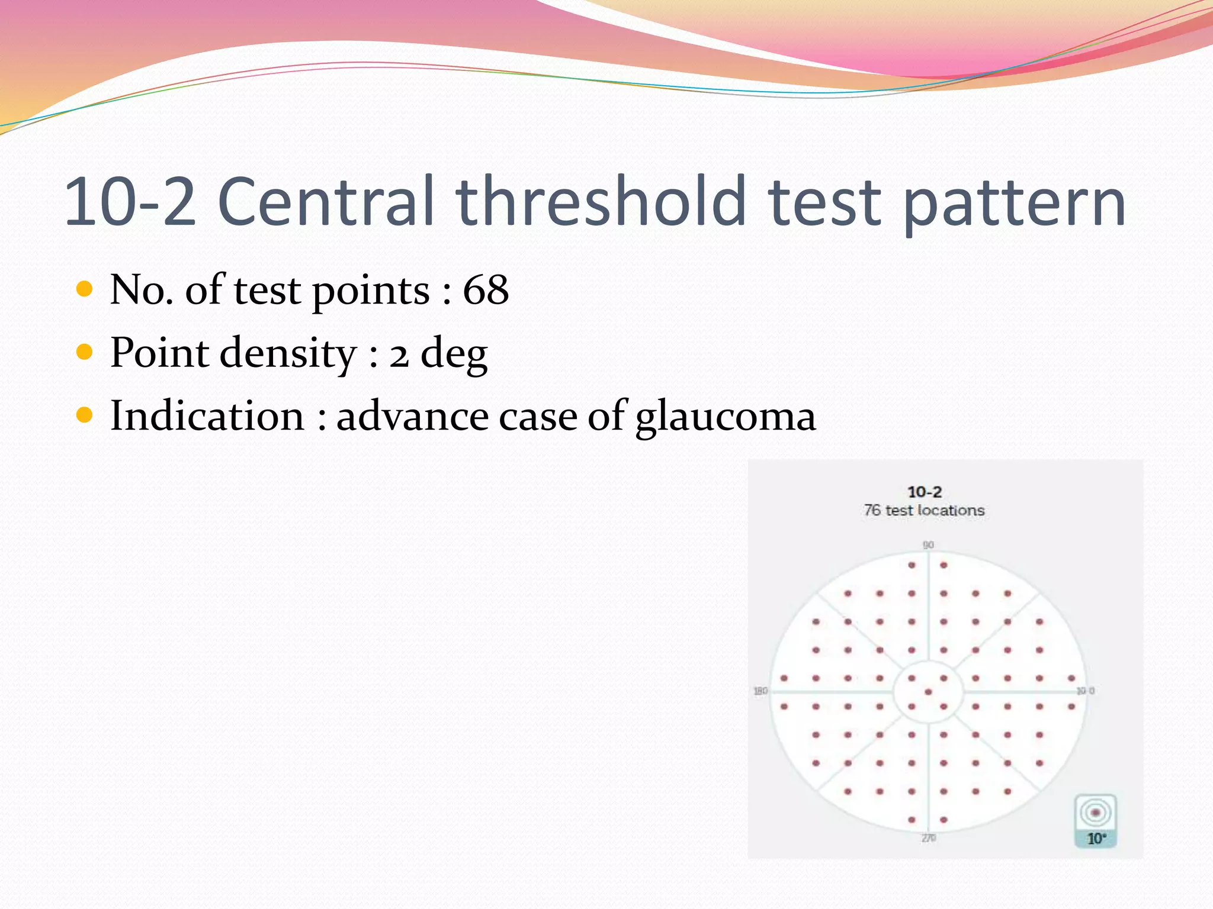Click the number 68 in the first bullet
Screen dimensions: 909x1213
pyautogui.click(x=486, y=290)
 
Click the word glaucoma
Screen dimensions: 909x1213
pyautogui.click(x=725, y=417)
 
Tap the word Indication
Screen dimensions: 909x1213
pyautogui.click(x=207, y=415)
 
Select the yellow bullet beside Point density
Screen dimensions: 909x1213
pyautogui.click(x=85, y=352)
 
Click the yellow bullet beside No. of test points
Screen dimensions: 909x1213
pyautogui.click(x=85, y=289)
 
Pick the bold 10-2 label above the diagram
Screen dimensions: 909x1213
pyautogui.click(x=924, y=492)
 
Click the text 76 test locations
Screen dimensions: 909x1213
pyautogui.click(x=924, y=510)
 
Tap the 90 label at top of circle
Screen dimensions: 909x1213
pyautogui.click(x=928, y=544)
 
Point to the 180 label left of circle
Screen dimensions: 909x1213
pyautogui.click(x=760, y=691)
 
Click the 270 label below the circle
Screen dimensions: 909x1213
pyautogui.click(x=928, y=838)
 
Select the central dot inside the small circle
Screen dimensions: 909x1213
pyautogui.click(x=928, y=692)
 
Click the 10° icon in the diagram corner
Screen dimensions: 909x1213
pyautogui.click(x=1095, y=821)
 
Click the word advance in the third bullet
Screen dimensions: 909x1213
pyautogui.click(x=412, y=415)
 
